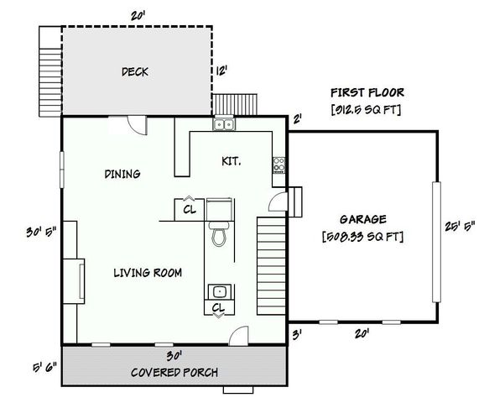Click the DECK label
134,72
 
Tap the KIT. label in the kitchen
232,160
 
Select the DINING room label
122,174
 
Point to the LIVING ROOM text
148,273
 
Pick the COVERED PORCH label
174,372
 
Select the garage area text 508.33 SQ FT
362,237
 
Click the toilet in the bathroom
219,235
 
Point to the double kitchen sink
223,125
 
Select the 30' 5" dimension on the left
39,233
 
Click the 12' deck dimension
222,71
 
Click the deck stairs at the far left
49,70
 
